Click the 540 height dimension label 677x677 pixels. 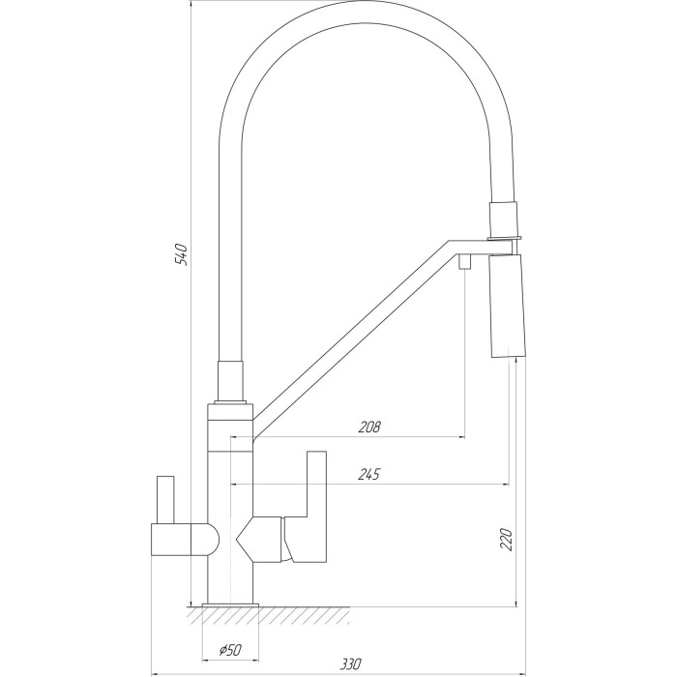coord(182,254)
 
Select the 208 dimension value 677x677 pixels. coord(369,427)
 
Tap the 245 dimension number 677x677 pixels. coord(369,474)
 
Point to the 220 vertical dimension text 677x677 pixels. coord(506,540)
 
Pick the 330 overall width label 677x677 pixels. coord(350,663)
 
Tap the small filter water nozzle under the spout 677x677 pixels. coord(464,262)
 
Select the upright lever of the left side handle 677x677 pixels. coord(165,500)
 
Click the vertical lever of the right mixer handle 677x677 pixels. coord(316,485)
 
